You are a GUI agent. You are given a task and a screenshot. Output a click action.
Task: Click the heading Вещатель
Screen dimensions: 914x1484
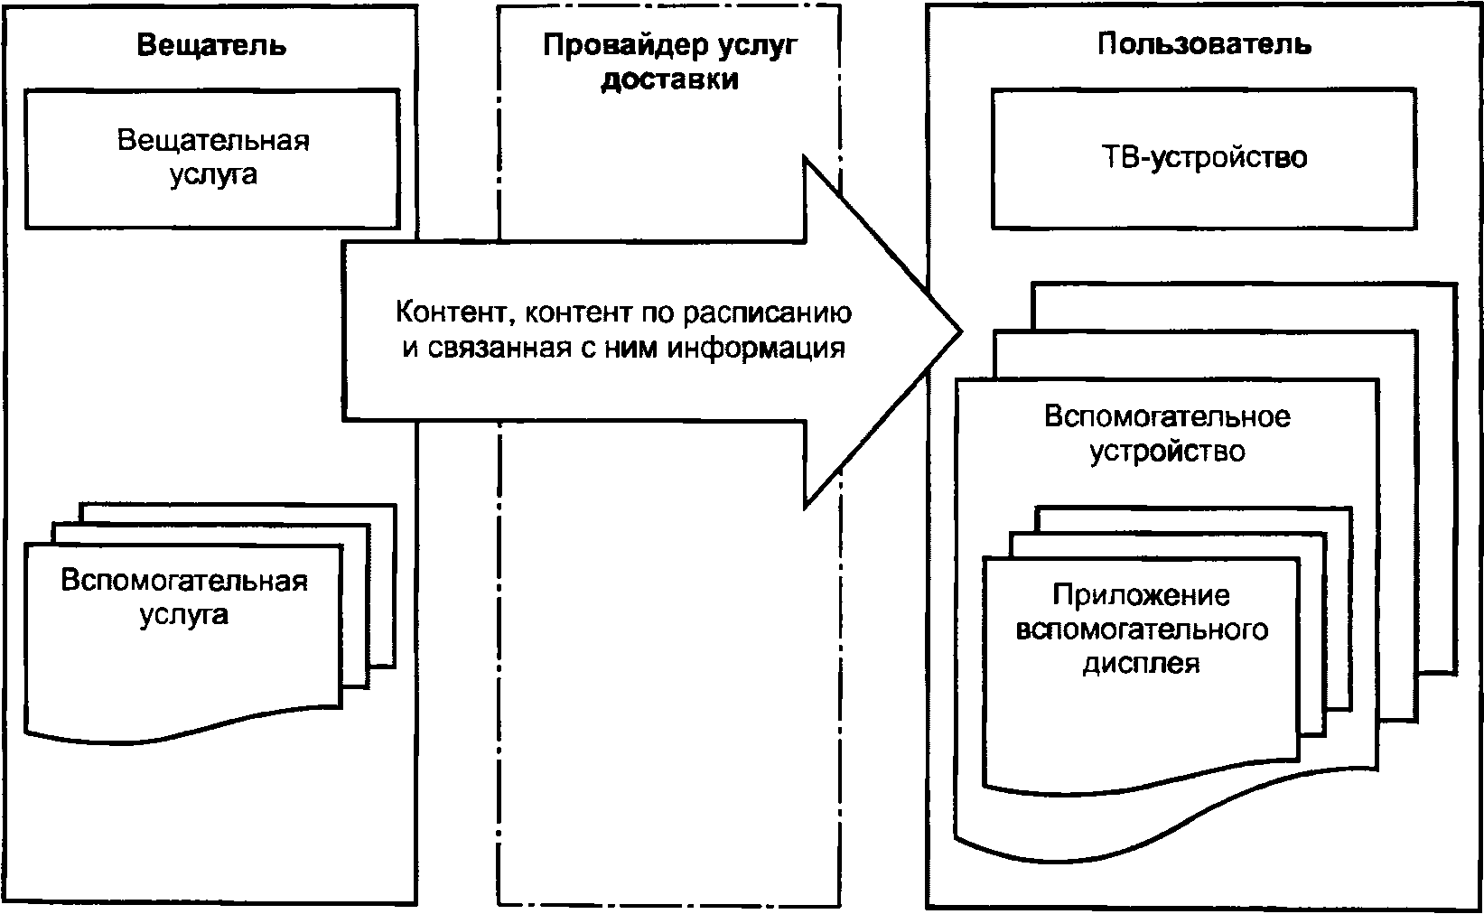(211, 44)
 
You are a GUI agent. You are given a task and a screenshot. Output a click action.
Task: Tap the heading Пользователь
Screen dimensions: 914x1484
(1204, 43)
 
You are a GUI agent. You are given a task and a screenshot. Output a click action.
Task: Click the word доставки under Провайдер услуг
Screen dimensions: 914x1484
(670, 79)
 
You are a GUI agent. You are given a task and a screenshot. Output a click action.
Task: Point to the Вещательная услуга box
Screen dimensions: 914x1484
(212, 158)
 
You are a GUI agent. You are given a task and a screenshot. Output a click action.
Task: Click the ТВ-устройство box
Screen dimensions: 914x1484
(1204, 158)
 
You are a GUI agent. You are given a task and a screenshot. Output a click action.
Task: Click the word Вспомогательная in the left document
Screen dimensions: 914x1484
(184, 580)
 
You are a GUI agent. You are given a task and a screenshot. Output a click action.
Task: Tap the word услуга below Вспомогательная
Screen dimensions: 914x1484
(184, 614)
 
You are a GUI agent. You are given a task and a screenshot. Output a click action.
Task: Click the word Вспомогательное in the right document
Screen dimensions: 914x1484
(1167, 416)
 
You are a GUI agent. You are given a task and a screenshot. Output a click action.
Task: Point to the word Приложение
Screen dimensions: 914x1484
(1141, 595)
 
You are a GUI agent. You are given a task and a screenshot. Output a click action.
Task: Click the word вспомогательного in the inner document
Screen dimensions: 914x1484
(1141, 630)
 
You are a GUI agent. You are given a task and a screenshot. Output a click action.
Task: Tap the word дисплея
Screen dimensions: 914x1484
(1141, 664)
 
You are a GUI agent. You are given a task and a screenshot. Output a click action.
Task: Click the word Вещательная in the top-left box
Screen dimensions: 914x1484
(213, 141)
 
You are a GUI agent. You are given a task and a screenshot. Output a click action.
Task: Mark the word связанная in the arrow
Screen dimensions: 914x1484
(497, 348)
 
